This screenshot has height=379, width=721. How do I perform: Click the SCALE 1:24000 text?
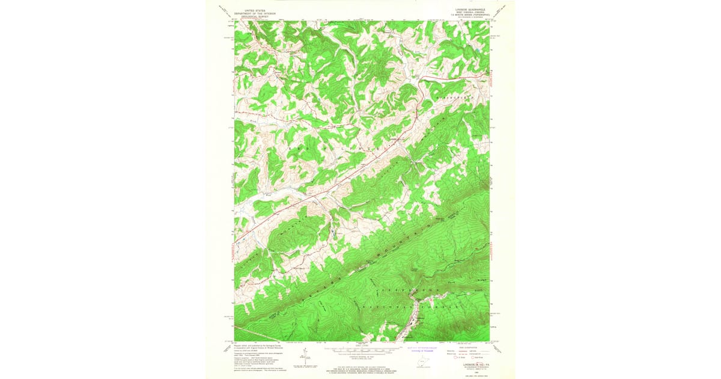(x=360, y=345)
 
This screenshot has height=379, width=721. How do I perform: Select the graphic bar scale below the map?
(x=360, y=350)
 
